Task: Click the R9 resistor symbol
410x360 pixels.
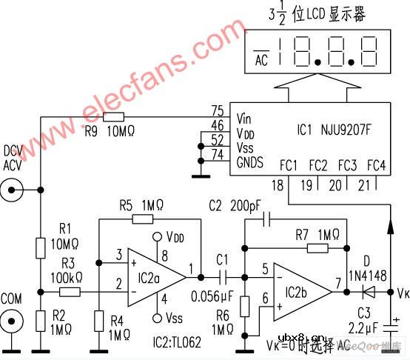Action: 114,117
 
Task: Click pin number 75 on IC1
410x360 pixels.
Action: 217,111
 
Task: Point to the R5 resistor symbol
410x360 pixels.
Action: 143,219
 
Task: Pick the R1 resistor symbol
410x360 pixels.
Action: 38,246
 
